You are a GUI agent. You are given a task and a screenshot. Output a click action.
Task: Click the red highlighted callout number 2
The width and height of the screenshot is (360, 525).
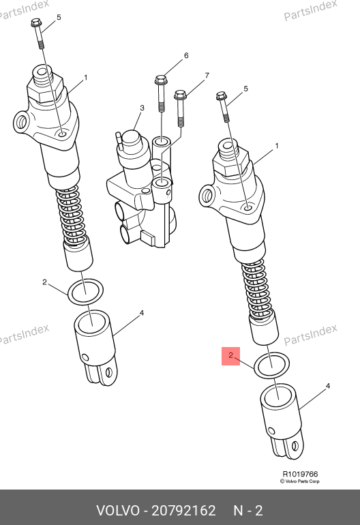tap(230, 355)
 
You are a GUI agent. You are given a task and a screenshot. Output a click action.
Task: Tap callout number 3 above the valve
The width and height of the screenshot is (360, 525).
tap(142, 108)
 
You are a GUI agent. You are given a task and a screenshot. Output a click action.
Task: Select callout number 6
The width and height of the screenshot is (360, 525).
tap(186, 55)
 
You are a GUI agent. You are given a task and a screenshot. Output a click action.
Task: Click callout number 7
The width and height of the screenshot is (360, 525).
tap(207, 76)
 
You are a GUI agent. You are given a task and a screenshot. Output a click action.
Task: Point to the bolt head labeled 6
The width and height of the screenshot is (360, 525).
tap(161, 80)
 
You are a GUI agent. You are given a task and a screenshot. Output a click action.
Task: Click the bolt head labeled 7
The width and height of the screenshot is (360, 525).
tap(180, 95)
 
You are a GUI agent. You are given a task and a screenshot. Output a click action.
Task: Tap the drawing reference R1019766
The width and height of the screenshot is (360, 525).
tap(300, 474)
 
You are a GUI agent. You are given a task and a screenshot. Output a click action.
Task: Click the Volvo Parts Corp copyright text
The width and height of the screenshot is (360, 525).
tap(300, 481)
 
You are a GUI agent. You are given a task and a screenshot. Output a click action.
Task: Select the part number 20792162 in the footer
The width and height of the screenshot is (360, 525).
tap(183, 511)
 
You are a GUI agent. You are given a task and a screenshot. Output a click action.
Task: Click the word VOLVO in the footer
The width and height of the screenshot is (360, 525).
tap(118, 511)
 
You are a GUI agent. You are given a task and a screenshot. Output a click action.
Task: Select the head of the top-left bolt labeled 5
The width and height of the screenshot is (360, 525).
tap(35, 22)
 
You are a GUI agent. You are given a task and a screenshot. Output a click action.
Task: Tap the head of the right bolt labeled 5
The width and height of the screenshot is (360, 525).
tap(221, 95)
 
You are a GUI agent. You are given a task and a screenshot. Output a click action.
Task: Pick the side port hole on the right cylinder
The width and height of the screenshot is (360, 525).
tap(207, 195)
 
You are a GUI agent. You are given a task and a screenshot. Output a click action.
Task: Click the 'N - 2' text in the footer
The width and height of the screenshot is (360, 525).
tap(247, 511)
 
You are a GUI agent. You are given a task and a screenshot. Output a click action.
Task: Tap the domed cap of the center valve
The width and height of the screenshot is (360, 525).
tap(131, 138)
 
